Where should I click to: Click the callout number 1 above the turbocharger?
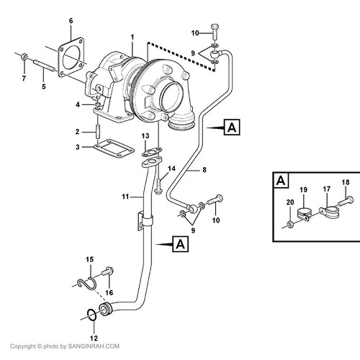click(132, 37)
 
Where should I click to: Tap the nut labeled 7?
click(24, 57)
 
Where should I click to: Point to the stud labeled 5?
click(45, 65)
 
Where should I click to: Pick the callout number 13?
click(145, 136)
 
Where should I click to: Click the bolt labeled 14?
click(158, 186)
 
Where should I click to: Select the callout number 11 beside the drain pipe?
click(125, 197)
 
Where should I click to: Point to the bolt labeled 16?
click(107, 272)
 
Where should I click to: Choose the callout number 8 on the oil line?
click(204, 170)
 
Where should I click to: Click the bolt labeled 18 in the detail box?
click(346, 201)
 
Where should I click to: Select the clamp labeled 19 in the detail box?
click(305, 214)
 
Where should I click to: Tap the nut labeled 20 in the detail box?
click(290, 225)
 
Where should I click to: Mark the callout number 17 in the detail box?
click(327, 189)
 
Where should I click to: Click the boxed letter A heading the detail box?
click(281, 180)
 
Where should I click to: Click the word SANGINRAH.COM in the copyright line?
click(94, 346)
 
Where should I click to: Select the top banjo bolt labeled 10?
click(215, 32)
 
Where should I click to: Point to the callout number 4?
click(78, 104)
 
